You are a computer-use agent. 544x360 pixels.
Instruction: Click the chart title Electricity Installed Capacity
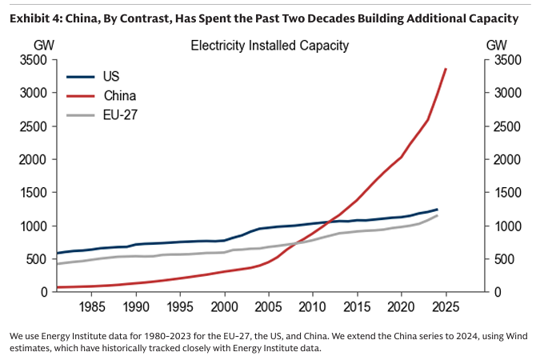270,46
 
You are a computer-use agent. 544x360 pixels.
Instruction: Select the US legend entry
112,78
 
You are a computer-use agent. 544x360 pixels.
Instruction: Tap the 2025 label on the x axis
446,306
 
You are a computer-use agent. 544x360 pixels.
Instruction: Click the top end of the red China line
446,69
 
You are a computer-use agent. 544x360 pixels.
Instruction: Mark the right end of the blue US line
437,209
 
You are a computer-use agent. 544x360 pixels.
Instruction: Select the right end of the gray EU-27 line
437,215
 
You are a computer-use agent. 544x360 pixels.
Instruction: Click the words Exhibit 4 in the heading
38,18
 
